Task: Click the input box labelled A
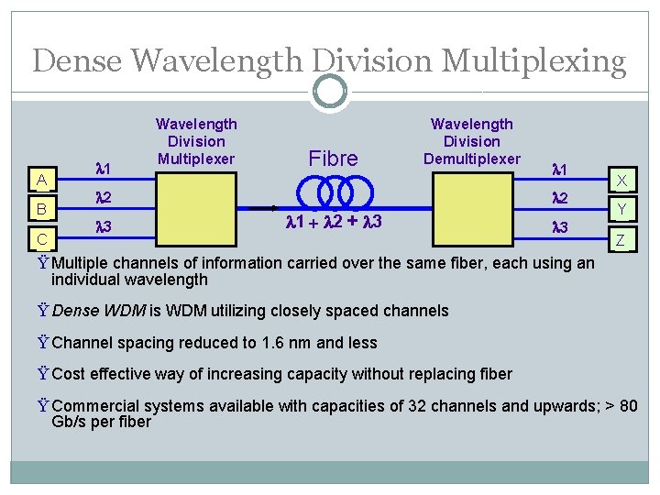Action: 41,179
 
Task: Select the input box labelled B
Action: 41,209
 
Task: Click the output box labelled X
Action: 621,180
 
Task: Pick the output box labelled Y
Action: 621,210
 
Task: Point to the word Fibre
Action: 333,159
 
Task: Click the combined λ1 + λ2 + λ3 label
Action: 334,223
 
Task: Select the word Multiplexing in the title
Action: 533,61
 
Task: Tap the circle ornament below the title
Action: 329,92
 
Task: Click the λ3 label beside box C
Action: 104,226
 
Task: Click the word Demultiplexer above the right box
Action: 471,159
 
